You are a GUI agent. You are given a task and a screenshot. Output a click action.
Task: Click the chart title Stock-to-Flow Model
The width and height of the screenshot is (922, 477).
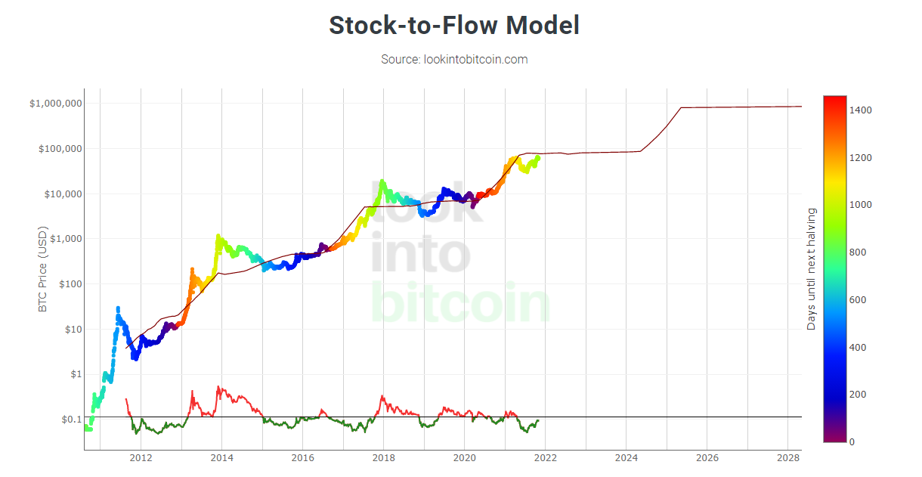[x=454, y=26]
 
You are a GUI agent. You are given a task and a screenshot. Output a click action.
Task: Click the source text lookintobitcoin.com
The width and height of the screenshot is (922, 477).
[x=454, y=59]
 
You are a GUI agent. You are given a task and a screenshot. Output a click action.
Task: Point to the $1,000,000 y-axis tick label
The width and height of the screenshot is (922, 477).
[x=56, y=104]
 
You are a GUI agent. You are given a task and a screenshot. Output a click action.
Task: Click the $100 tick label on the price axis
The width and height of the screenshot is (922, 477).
[x=67, y=284]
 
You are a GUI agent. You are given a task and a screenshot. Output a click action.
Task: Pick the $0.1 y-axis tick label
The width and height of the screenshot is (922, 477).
[x=70, y=420]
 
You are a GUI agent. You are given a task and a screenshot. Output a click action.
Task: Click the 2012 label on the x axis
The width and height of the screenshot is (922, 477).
[x=141, y=458]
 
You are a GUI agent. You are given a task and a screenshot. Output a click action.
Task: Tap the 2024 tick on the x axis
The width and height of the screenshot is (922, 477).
[x=626, y=458]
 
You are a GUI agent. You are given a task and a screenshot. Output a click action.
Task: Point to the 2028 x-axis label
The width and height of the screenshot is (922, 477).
[x=787, y=458]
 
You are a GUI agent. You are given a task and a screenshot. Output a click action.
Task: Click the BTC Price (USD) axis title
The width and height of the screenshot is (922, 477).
[x=43, y=269]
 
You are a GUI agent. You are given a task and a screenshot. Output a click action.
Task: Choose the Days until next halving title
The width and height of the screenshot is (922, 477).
[x=812, y=269]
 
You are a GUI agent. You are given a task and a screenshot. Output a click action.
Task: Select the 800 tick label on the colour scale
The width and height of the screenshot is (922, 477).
[x=858, y=252]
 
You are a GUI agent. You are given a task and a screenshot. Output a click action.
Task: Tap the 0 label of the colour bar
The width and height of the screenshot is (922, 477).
[x=852, y=441]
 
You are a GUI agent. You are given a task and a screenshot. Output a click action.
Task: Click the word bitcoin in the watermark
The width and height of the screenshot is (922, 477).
[x=461, y=302]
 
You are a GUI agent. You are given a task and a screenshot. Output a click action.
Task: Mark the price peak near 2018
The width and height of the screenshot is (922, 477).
[x=382, y=181]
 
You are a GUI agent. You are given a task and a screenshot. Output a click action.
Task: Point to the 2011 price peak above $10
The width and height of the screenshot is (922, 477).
[x=118, y=308]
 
